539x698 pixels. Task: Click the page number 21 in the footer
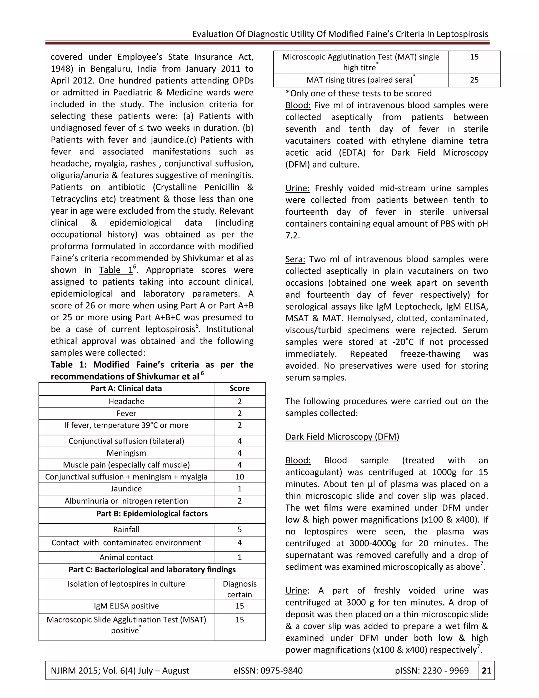pyautogui.click(x=486, y=670)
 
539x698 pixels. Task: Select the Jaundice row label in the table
pyautogui.click(x=126, y=489)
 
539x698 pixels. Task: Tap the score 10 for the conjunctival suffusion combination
pyautogui.click(x=239, y=477)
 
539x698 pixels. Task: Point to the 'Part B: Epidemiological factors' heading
pyautogui.click(x=152, y=514)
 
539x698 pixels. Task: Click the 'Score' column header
pyautogui.click(x=239, y=388)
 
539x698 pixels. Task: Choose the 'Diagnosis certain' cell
pyautogui.click(x=239, y=589)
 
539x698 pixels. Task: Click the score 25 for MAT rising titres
pyautogui.click(x=474, y=80)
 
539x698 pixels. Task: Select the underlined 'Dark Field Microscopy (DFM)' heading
pyautogui.click(x=342, y=436)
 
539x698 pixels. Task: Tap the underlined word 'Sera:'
pyautogui.click(x=295, y=259)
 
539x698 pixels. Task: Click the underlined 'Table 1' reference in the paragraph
pyautogui.click(x=116, y=270)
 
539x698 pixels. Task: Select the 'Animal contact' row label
pyautogui.click(x=126, y=557)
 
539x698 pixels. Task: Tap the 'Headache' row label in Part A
pyautogui.click(x=126, y=401)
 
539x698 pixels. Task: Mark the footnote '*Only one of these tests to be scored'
pyautogui.click(x=358, y=93)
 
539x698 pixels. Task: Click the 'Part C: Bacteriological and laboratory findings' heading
pyautogui.click(x=152, y=569)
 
